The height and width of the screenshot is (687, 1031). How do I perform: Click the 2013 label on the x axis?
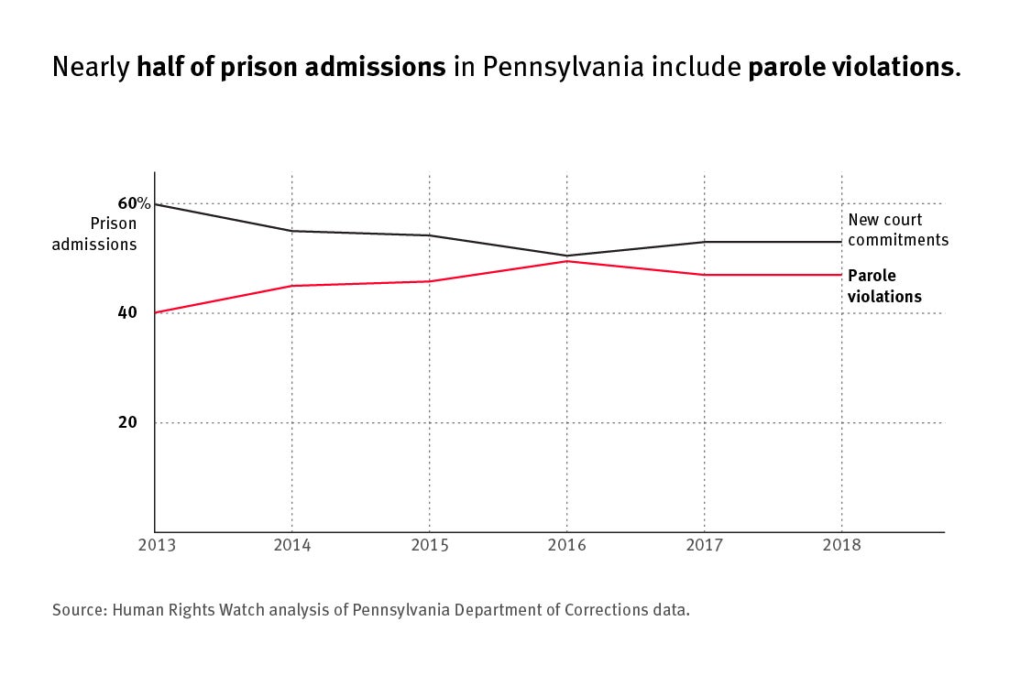[x=155, y=545]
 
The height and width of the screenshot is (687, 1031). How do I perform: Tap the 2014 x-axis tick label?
[x=291, y=545]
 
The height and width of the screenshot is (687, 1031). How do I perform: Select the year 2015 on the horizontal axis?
[x=429, y=545]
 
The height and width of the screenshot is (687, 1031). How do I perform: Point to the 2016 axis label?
[x=566, y=545]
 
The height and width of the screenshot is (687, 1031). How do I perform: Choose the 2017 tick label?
[x=704, y=545]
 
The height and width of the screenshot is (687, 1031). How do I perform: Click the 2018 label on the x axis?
[x=841, y=545]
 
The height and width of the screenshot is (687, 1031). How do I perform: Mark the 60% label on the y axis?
[x=134, y=202]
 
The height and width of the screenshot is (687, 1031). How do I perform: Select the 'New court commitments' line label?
[x=897, y=230]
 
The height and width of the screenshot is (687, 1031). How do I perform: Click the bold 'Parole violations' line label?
[x=884, y=286]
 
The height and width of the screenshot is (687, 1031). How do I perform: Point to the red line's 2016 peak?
[x=566, y=261]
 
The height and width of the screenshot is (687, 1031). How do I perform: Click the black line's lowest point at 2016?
[x=566, y=256]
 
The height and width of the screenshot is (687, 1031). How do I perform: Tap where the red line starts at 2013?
[x=155, y=312]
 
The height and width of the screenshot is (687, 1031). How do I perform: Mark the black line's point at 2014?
[x=291, y=231]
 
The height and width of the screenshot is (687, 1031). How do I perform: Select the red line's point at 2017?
[x=704, y=275]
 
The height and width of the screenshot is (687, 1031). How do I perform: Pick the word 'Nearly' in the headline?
[x=91, y=68]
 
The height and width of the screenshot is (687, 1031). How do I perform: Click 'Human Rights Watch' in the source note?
[x=183, y=609]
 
